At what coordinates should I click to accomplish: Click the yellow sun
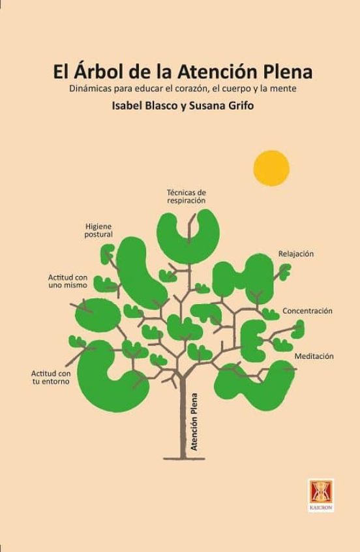[x=271, y=168]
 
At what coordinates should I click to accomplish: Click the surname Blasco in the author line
[x=160, y=106]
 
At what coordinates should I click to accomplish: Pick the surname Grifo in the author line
[x=237, y=106]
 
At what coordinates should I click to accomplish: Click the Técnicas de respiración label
[x=186, y=196]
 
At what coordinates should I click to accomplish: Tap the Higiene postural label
[x=98, y=230]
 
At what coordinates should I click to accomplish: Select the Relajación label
[x=295, y=254]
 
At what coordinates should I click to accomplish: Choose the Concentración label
[x=307, y=311]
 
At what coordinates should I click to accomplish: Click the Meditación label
[x=314, y=356]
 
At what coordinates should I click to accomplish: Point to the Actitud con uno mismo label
[x=68, y=281]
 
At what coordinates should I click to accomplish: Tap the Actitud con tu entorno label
[x=51, y=377]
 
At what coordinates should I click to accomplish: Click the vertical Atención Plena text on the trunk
[x=194, y=422]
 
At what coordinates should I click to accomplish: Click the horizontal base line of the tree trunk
[x=184, y=459]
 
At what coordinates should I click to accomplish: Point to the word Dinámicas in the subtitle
[x=89, y=88]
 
